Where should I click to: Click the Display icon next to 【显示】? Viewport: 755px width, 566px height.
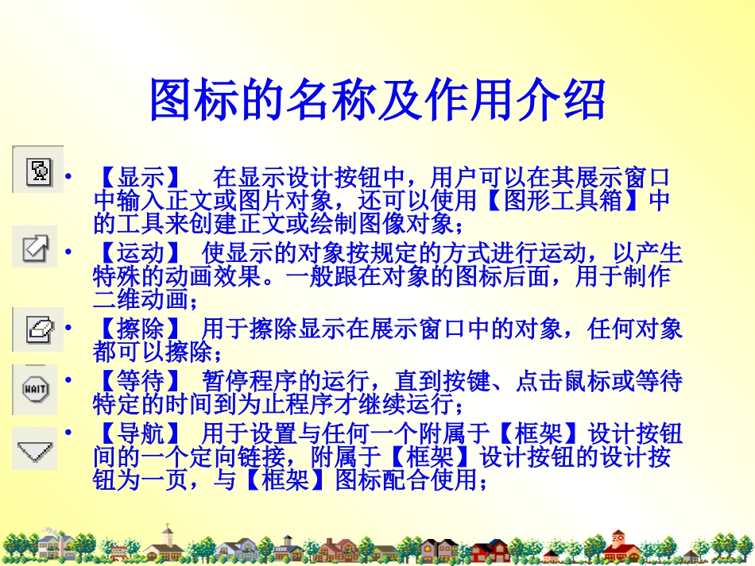tap(38, 171)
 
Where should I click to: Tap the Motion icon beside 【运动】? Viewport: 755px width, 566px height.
tap(36, 248)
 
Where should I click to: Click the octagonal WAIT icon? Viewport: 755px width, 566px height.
tap(36, 390)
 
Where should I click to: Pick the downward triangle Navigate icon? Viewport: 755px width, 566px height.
tap(35, 451)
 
